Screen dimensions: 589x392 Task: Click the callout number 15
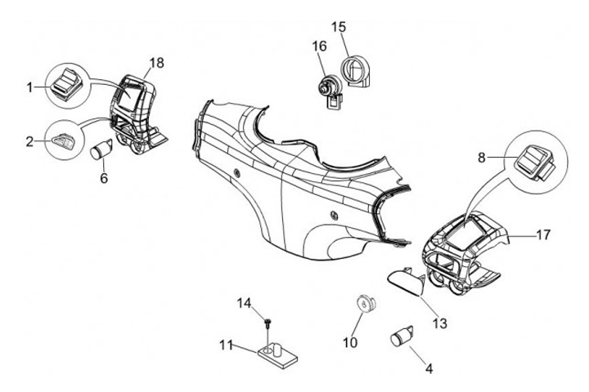tap(339, 27)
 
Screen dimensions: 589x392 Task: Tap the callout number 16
tap(319, 47)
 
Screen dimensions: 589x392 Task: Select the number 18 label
tap(156, 63)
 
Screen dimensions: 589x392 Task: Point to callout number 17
tap(543, 235)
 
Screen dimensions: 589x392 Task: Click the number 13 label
tap(440, 323)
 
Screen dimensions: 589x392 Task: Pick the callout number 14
tap(244, 303)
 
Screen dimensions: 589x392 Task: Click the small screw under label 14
tap(268, 323)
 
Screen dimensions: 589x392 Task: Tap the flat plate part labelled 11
tap(277, 356)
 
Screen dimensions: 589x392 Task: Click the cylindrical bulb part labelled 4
tap(402, 336)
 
